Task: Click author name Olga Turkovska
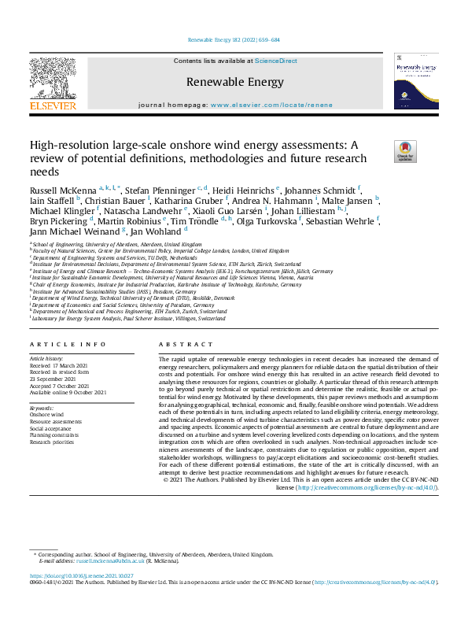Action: click(284, 221)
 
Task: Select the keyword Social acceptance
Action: click(50, 427)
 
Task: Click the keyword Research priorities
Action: click(52, 441)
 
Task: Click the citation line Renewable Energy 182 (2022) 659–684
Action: click(234, 39)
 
